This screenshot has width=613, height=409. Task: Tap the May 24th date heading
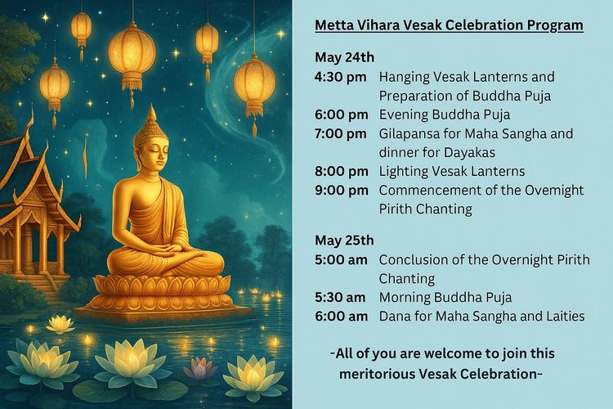[x=344, y=57]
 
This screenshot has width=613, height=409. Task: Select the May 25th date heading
[x=344, y=240]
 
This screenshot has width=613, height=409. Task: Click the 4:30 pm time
[x=341, y=77]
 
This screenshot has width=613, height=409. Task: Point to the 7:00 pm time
[x=341, y=133]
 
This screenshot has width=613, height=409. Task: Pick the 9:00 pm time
[x=342, y=191]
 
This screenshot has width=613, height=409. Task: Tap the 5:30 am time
[x=340, y=297]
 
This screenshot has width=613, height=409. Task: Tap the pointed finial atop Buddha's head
[x=152, y=114]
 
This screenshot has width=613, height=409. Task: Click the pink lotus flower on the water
[x=200, y=367]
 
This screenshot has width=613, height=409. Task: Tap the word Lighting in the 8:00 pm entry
[x=404, y=172]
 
